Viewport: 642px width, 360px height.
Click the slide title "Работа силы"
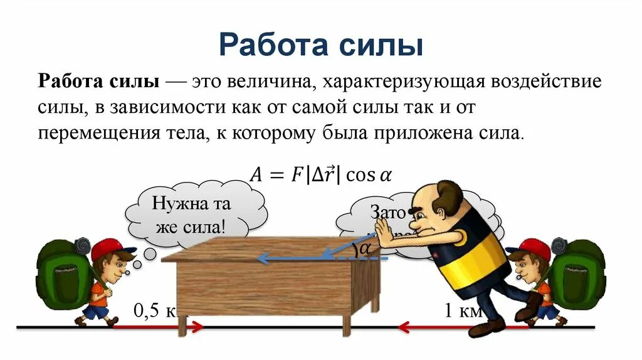click(320, 45)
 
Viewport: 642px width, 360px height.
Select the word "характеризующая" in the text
click(413, 82)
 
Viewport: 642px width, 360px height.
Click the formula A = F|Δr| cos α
click(320, 174)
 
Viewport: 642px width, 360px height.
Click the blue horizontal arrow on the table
click(295, 258)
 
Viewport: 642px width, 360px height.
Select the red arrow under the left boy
click(157, 327)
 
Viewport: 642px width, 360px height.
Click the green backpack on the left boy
click(60, 276)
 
